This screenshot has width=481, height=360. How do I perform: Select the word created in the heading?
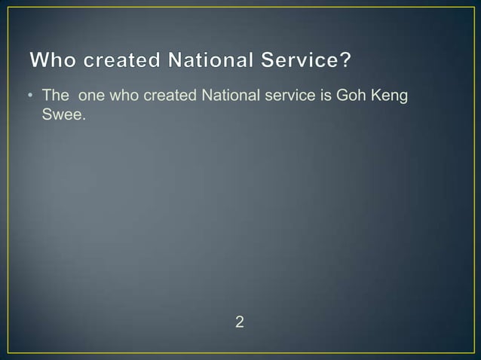(x=124, y=60)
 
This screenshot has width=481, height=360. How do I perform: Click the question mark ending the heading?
(x=345, y=60)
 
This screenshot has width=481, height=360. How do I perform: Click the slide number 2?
(x=240, y=323)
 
